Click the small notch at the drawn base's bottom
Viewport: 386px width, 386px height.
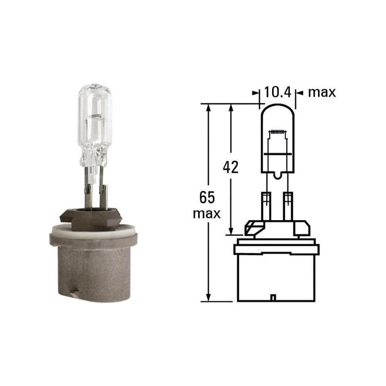click(x=274, y=298)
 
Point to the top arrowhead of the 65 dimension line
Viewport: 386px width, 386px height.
click(x=208, y=108)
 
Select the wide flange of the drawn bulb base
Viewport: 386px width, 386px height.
click(x=276, y=249)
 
